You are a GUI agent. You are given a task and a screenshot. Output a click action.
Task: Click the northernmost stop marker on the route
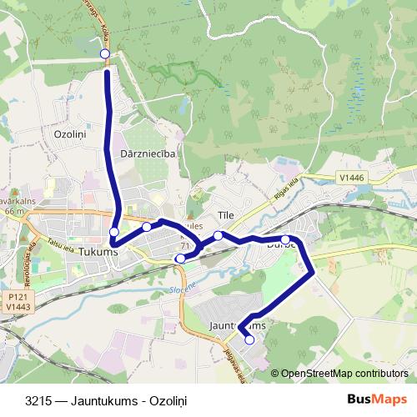(x=105, y=54)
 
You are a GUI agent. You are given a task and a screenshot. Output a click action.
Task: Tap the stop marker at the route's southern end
(x=249, y=339)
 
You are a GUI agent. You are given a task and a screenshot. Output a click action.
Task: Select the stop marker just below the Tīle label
(x=219, y=235)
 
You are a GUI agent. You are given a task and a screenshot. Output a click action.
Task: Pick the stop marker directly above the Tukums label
(x=113, y=232)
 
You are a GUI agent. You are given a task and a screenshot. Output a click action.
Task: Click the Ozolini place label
(x=71, y=133)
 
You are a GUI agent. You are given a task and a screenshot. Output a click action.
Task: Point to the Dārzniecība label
(x=147, y=153)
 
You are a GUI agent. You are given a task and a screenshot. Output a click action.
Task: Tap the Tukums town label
(x=94, y=251)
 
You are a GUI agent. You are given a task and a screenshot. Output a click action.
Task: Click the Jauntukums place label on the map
(x=238, y=325)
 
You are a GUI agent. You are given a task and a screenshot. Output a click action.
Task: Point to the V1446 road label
(x=354, y=177)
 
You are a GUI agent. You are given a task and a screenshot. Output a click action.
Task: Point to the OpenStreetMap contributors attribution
(x=344, y=373)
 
